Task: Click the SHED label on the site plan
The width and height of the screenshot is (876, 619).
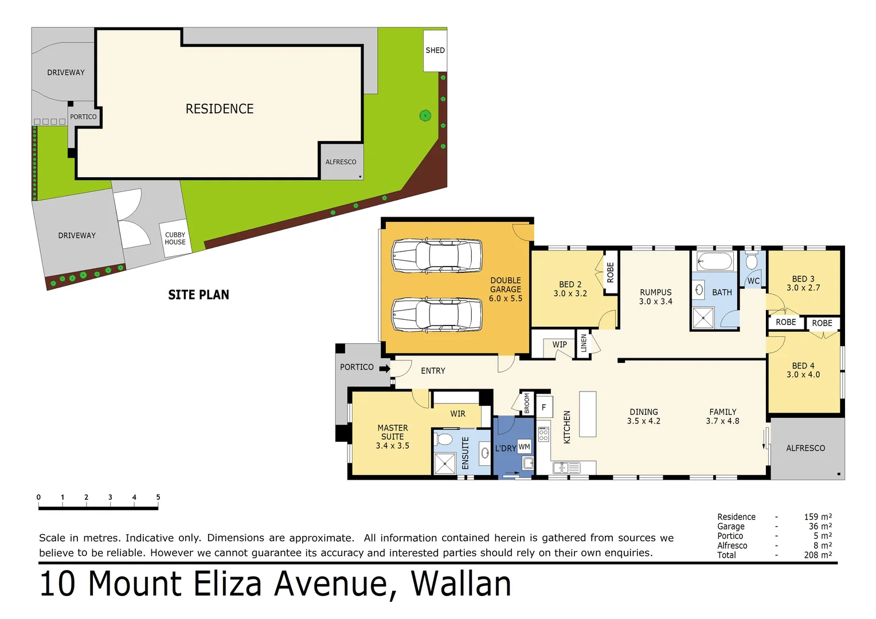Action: click(x=435, y=50)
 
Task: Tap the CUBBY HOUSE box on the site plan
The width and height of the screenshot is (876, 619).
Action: click(x=175, y=238)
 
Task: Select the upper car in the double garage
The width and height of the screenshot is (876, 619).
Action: click(x=437, y=256)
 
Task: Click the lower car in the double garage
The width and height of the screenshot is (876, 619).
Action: click(x=437, y=315)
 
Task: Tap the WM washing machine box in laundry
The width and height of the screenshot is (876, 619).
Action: click(x=524, y=447)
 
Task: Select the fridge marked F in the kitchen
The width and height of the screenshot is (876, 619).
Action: click(x=544, y=408)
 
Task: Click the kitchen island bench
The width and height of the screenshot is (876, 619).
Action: click(x=588, y=414)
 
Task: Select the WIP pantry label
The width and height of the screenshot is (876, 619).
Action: click(x=560, y=344)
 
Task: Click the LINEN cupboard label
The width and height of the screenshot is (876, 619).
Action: click(x=584, y=343)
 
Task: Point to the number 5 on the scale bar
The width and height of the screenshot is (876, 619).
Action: click(x=158, y=497)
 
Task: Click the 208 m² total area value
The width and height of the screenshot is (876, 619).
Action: click(x=818, y=555)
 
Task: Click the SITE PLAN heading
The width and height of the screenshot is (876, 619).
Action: click(x=198, y=295)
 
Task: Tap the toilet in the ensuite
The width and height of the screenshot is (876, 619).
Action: click(x=444, y=440)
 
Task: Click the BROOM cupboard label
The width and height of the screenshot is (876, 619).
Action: click(x=527, y=403)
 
